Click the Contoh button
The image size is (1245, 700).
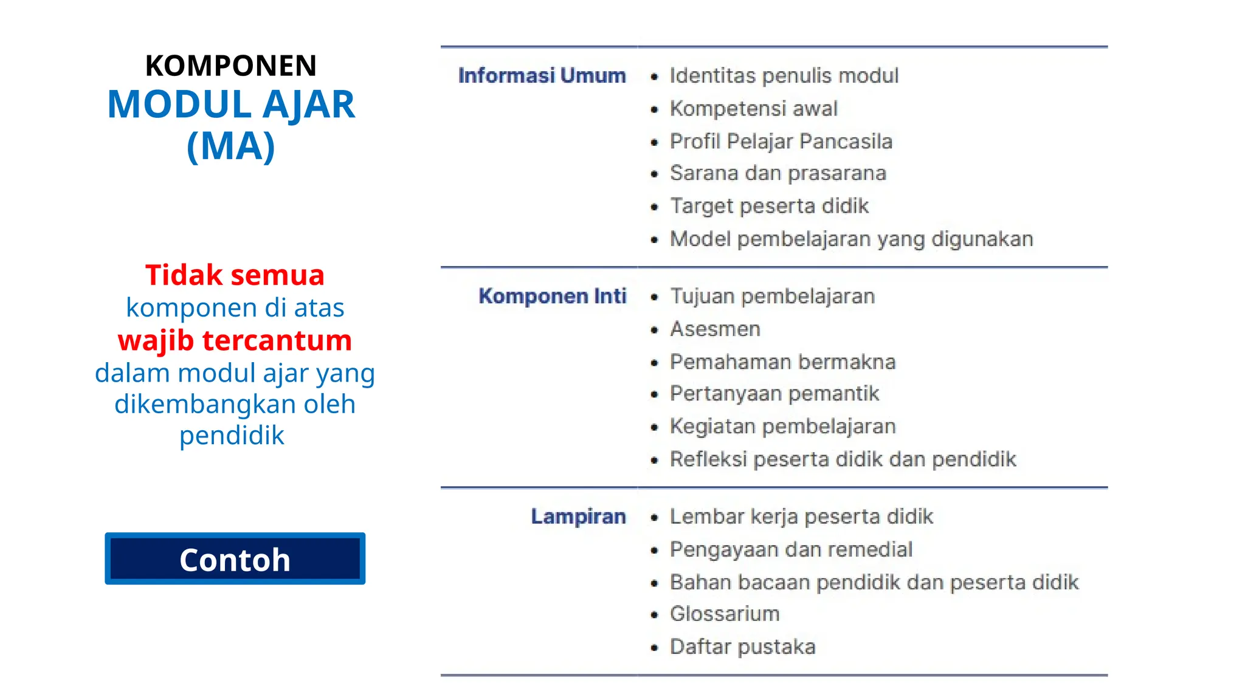(x=235, y=559)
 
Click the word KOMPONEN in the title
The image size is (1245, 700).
(x=231, y=66)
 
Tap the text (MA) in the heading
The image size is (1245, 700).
(x=231, y=146)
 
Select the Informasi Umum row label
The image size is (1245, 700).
(x=542, y=75)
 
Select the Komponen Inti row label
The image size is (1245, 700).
(x=552, y=296)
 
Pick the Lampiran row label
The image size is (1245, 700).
(x=578, y=516)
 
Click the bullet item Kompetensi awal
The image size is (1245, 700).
(x=753, y=109)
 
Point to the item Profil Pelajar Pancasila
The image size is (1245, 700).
(x=781, y=142)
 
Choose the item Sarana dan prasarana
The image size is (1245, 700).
(x=778, y=173)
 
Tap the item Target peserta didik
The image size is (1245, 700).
(x=769, y=206)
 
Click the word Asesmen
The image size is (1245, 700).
(x=715, y=329)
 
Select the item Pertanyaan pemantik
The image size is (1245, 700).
(x=774, y=394)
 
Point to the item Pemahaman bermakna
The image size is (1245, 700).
(x=782, y=362)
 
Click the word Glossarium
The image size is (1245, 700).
(x=724, y=614)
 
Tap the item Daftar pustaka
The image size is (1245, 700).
(x=742, y=647)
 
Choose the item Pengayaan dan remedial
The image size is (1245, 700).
(x=791, y=549)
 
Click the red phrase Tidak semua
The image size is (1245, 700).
(x=235, y=275)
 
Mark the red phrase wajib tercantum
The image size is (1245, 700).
(x=235, y=340)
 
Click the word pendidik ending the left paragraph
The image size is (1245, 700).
(x=232, y=436)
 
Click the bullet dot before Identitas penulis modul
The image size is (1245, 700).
(x=654, y=77)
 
